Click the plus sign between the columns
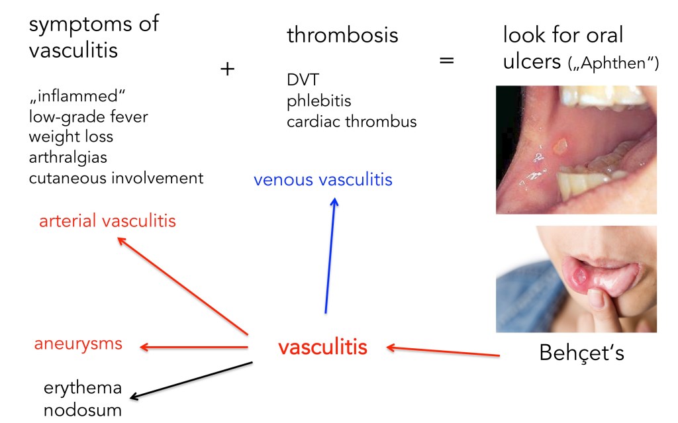227,69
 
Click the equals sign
447,62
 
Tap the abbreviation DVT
303,80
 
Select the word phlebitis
319,101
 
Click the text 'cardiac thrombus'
352,122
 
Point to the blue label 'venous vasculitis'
324,179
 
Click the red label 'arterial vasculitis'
107,220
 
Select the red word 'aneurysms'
78,344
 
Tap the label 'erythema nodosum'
83,399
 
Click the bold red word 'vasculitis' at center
322,347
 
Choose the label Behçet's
581,353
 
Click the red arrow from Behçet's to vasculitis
443,351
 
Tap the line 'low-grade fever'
88,117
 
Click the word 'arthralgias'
68,158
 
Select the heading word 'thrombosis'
342,35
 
